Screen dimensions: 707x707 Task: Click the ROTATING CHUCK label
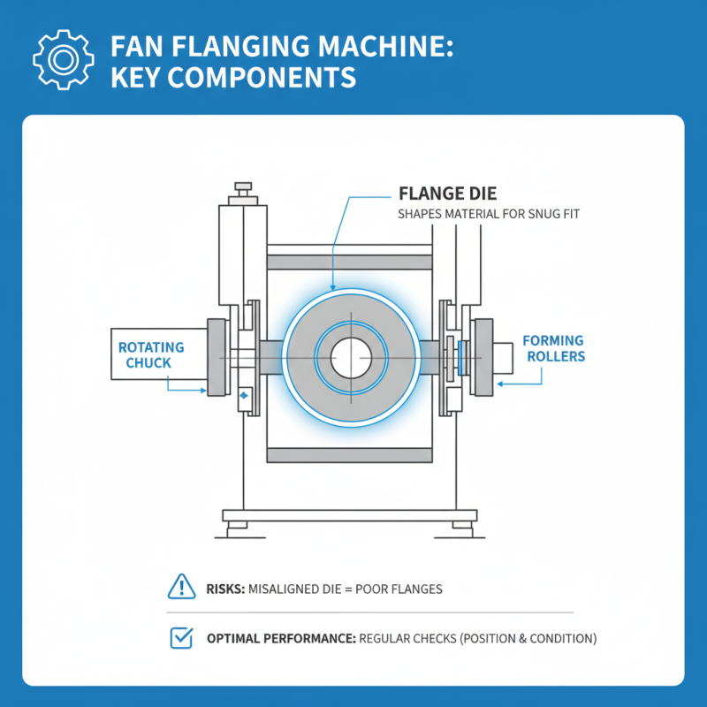coord(151,354)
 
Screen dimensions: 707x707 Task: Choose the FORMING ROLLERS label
coord(553,348)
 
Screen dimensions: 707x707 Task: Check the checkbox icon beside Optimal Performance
coord(180,637)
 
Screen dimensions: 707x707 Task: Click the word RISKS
coord(225,587)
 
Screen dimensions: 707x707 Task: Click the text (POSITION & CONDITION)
coord(526,638)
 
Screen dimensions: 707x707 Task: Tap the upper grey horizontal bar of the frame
coord(349,262)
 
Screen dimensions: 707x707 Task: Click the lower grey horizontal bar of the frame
coord(349,455)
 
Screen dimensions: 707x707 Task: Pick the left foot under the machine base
coord(238,528)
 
